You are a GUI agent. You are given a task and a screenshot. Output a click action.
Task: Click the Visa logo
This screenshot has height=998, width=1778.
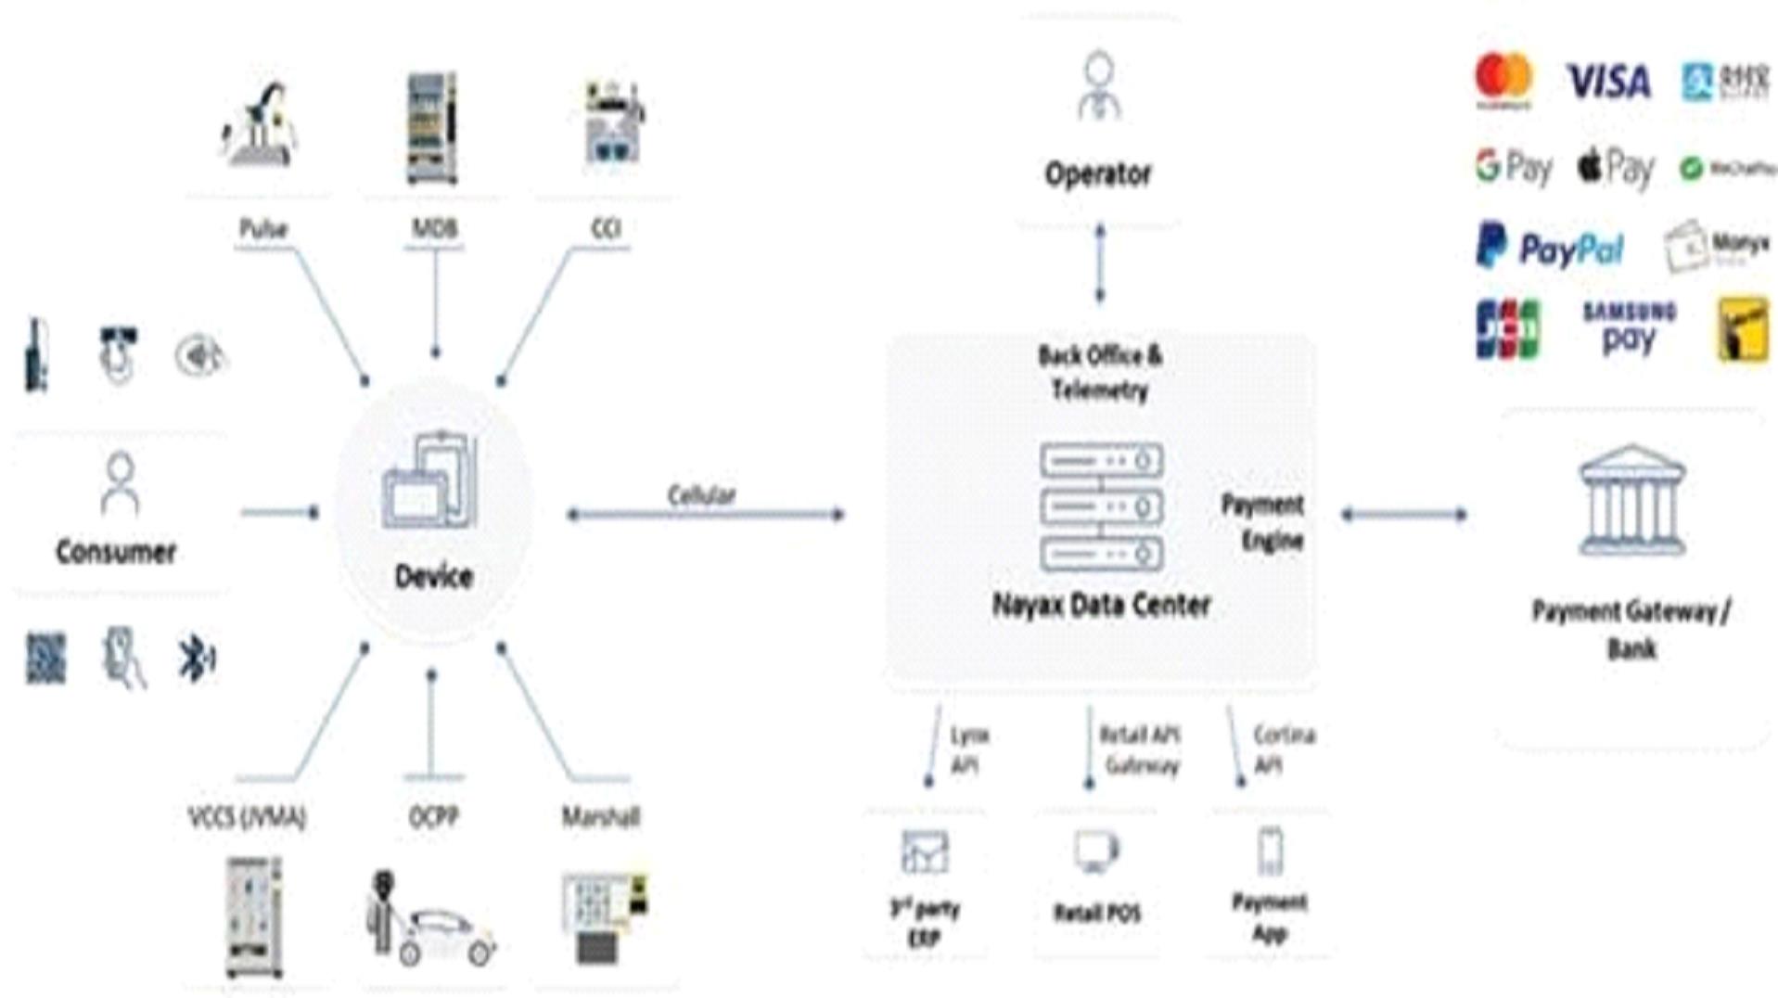point(1608,82)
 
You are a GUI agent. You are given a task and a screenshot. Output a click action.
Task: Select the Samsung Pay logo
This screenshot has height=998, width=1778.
point(1629,327)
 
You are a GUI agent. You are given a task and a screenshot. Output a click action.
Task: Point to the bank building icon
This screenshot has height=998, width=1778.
point(1631,501)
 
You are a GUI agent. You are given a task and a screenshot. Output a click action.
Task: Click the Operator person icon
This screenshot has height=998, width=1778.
point(1099,85)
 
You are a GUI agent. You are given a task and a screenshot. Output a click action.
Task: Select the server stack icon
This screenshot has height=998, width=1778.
point(1101,506)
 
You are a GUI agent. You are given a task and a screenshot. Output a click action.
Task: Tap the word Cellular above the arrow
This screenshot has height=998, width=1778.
point(701,495)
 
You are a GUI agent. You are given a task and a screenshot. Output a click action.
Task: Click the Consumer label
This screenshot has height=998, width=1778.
point(116,552)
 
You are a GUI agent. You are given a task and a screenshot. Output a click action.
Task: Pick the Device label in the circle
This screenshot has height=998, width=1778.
point(434,576)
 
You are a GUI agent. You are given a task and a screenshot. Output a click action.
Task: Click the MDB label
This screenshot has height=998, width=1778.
point(435,228)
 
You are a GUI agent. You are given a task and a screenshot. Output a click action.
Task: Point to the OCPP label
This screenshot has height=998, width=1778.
point(433,816)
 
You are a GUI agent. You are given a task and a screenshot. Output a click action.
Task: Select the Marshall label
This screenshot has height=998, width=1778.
point(601,816)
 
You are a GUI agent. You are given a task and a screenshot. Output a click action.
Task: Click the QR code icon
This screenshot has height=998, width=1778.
point(45,659)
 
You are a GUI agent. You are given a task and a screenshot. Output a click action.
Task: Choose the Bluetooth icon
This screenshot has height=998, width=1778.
point(196,659)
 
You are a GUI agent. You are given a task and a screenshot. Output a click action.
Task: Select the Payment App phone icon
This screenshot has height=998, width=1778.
point(1270,851)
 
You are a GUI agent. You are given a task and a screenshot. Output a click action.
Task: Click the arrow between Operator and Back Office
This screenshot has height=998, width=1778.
point(1100,263)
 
